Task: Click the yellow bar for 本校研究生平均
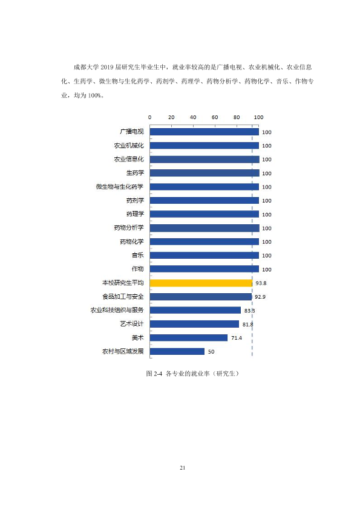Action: click(201, 283)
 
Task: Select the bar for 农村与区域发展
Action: click(177, 351)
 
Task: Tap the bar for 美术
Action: click(188, 337)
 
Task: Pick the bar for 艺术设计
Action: click(194, 324)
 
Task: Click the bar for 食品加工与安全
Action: click(200, 297)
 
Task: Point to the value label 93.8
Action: click(261, 283)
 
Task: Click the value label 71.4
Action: click(237, 338)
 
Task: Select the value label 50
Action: click(211, 352)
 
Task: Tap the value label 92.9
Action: click(260, 297)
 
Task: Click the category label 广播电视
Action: click(131, 131)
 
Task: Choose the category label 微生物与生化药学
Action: click(120, 187)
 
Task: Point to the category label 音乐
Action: click(138, 255)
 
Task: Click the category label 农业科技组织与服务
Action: click(117, 310)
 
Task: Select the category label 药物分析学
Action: click(129, 227)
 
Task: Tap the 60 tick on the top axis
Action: click(215, 117)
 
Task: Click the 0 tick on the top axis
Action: click(150, 117)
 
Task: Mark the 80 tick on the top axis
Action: click(237, 117)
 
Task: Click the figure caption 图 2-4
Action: click(154, 374)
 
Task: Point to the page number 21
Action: click(182, 468)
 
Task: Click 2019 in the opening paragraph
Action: click(107, 67)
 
